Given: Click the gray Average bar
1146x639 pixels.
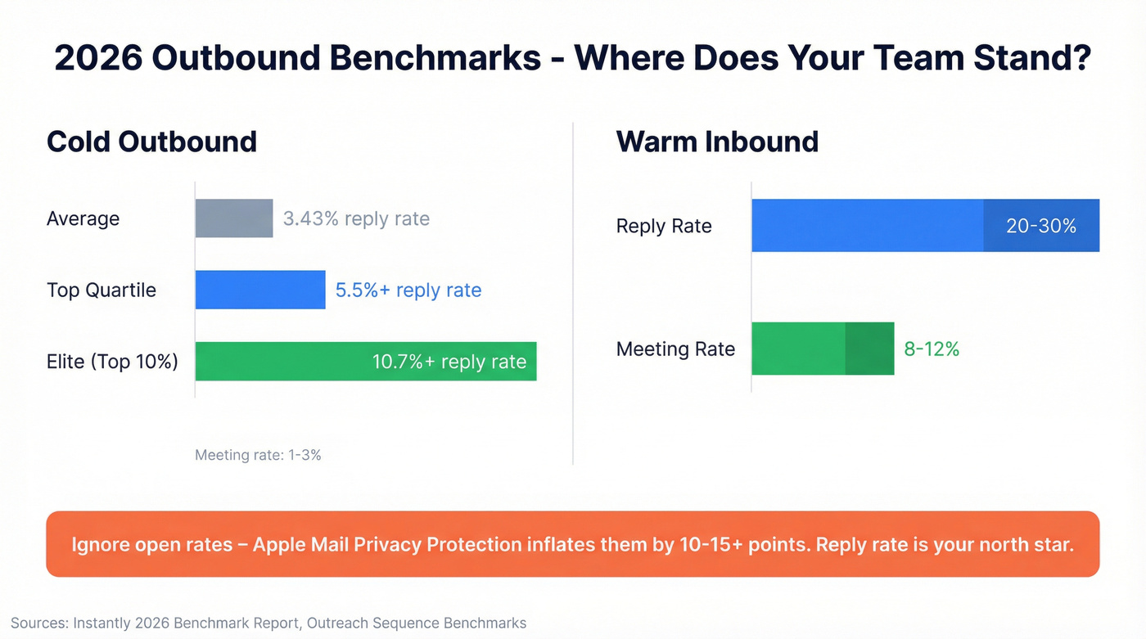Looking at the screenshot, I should point(234,218).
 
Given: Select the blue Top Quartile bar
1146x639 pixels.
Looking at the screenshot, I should point(260,290).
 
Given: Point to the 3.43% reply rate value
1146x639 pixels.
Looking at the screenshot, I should point(356,218).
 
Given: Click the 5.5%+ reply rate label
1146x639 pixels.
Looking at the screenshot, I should point(408,290).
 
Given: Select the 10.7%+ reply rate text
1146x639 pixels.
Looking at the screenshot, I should point(449,362).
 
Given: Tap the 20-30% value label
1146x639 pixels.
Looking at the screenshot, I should point(1041,226).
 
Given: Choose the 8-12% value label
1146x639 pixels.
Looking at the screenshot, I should point(932,349).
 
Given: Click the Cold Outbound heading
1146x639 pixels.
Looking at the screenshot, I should point(151,142).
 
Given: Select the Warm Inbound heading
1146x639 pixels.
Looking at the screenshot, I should point(717,142).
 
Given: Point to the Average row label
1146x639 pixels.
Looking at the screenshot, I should point(83,218).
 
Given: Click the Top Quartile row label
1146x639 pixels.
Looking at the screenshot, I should point(102,290).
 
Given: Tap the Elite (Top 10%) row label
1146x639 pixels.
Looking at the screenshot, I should point(112,362).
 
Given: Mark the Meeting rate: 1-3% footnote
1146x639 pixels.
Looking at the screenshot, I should point(258,455).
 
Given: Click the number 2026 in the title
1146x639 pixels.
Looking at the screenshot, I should point(97,58).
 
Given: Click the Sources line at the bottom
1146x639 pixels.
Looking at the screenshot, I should point(268,623).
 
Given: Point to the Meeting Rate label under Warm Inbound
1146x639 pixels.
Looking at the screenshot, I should point(675,349).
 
